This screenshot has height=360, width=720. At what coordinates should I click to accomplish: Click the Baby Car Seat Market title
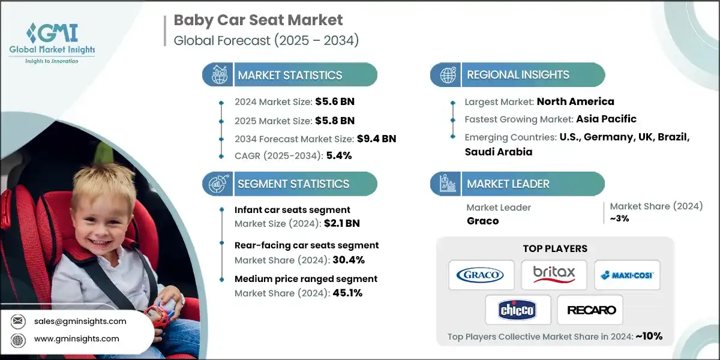point(258,20)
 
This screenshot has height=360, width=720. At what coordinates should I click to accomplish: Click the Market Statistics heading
point(290,75)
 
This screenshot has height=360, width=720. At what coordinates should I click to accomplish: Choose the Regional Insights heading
point(518,75)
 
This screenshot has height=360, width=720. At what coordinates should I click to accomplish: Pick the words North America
point(575,101)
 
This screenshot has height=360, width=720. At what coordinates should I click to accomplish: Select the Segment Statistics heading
point(293,184)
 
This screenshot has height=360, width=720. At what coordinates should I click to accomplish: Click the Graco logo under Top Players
point(481,275)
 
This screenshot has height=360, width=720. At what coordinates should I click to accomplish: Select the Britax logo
point(554,275)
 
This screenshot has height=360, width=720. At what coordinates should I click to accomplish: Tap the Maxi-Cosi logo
point(627,275)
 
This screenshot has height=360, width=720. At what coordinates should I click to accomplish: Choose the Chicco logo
point(517,310)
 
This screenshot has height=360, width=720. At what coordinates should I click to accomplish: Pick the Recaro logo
point(590,310)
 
